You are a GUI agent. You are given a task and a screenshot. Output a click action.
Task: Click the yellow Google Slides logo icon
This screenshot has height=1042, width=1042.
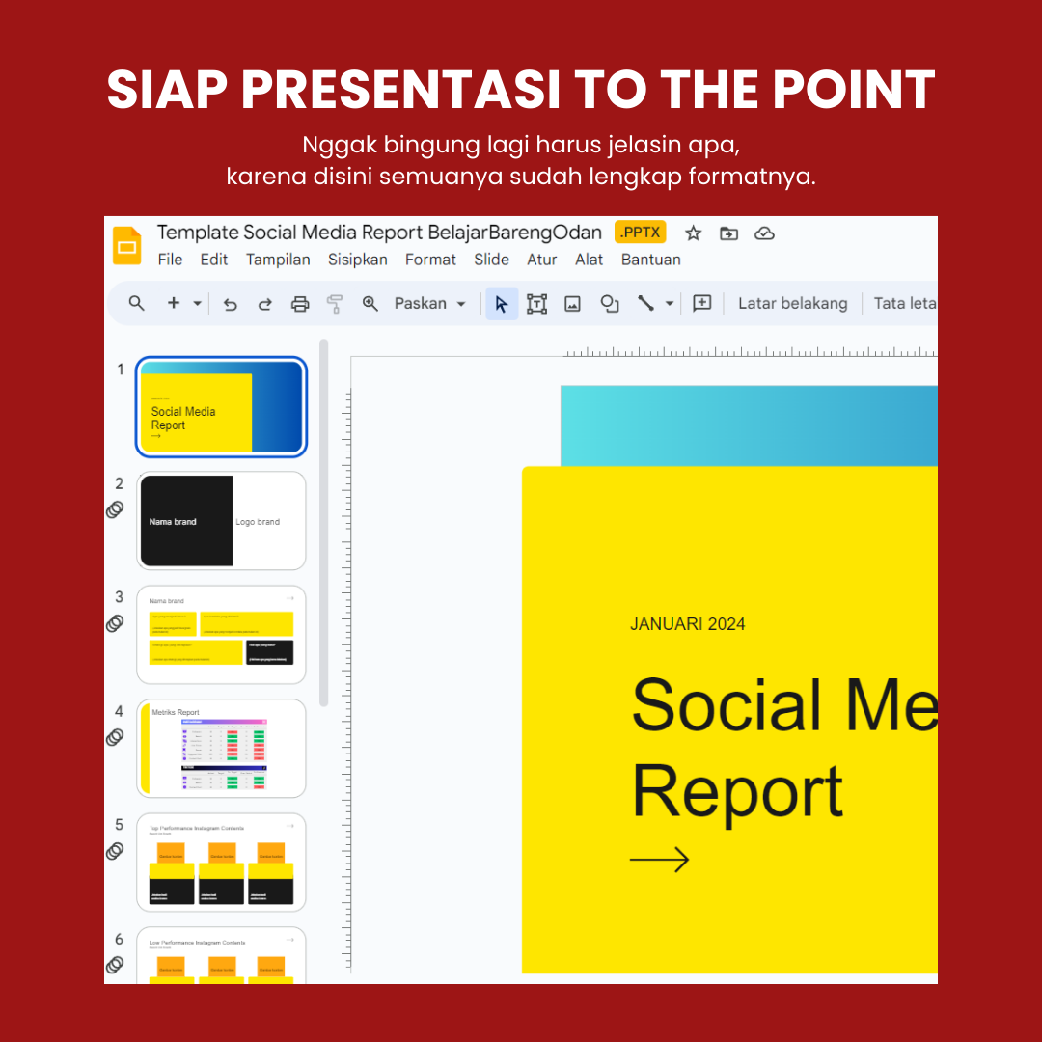point(127,246)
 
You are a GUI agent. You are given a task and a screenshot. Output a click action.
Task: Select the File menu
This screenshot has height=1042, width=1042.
point(170,260)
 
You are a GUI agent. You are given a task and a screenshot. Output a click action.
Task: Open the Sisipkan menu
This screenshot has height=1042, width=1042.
point(357,260)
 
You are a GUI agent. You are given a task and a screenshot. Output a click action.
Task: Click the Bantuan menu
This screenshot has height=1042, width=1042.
point(650,260)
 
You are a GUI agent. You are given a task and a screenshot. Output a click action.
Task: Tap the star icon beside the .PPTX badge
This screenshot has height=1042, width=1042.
point(693,233)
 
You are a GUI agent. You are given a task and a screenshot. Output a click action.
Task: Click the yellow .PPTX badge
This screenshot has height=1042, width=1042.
point(640,233)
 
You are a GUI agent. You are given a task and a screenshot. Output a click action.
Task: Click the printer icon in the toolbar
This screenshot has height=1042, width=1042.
point(300,303)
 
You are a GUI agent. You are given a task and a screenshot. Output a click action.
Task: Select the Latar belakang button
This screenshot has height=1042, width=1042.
point(792,303)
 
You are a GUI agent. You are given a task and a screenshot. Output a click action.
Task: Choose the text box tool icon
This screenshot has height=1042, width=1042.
point(536,303)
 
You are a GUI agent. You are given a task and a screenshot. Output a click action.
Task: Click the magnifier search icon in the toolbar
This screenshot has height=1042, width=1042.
point(137,303)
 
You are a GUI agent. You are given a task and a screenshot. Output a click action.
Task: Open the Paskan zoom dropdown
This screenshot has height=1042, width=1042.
point(429,303)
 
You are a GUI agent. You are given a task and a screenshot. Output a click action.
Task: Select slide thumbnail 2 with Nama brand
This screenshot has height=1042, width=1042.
point(222,521)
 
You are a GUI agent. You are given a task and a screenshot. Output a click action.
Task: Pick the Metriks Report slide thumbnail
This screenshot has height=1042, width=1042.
point(222,749)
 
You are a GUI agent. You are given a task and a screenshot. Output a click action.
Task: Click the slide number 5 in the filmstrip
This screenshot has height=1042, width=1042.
point(120,825)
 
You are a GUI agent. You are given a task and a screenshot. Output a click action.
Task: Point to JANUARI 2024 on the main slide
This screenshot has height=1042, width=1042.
point(687,624)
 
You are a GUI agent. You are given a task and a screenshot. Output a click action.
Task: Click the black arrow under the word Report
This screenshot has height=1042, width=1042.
point(659,859)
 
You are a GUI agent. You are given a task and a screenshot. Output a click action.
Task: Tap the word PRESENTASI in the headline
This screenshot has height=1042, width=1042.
point(400,91)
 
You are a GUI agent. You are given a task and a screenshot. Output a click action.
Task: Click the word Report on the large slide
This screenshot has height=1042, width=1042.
point(737,793)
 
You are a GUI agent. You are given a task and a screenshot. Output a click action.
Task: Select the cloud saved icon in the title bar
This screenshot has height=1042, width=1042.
point(764,233)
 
